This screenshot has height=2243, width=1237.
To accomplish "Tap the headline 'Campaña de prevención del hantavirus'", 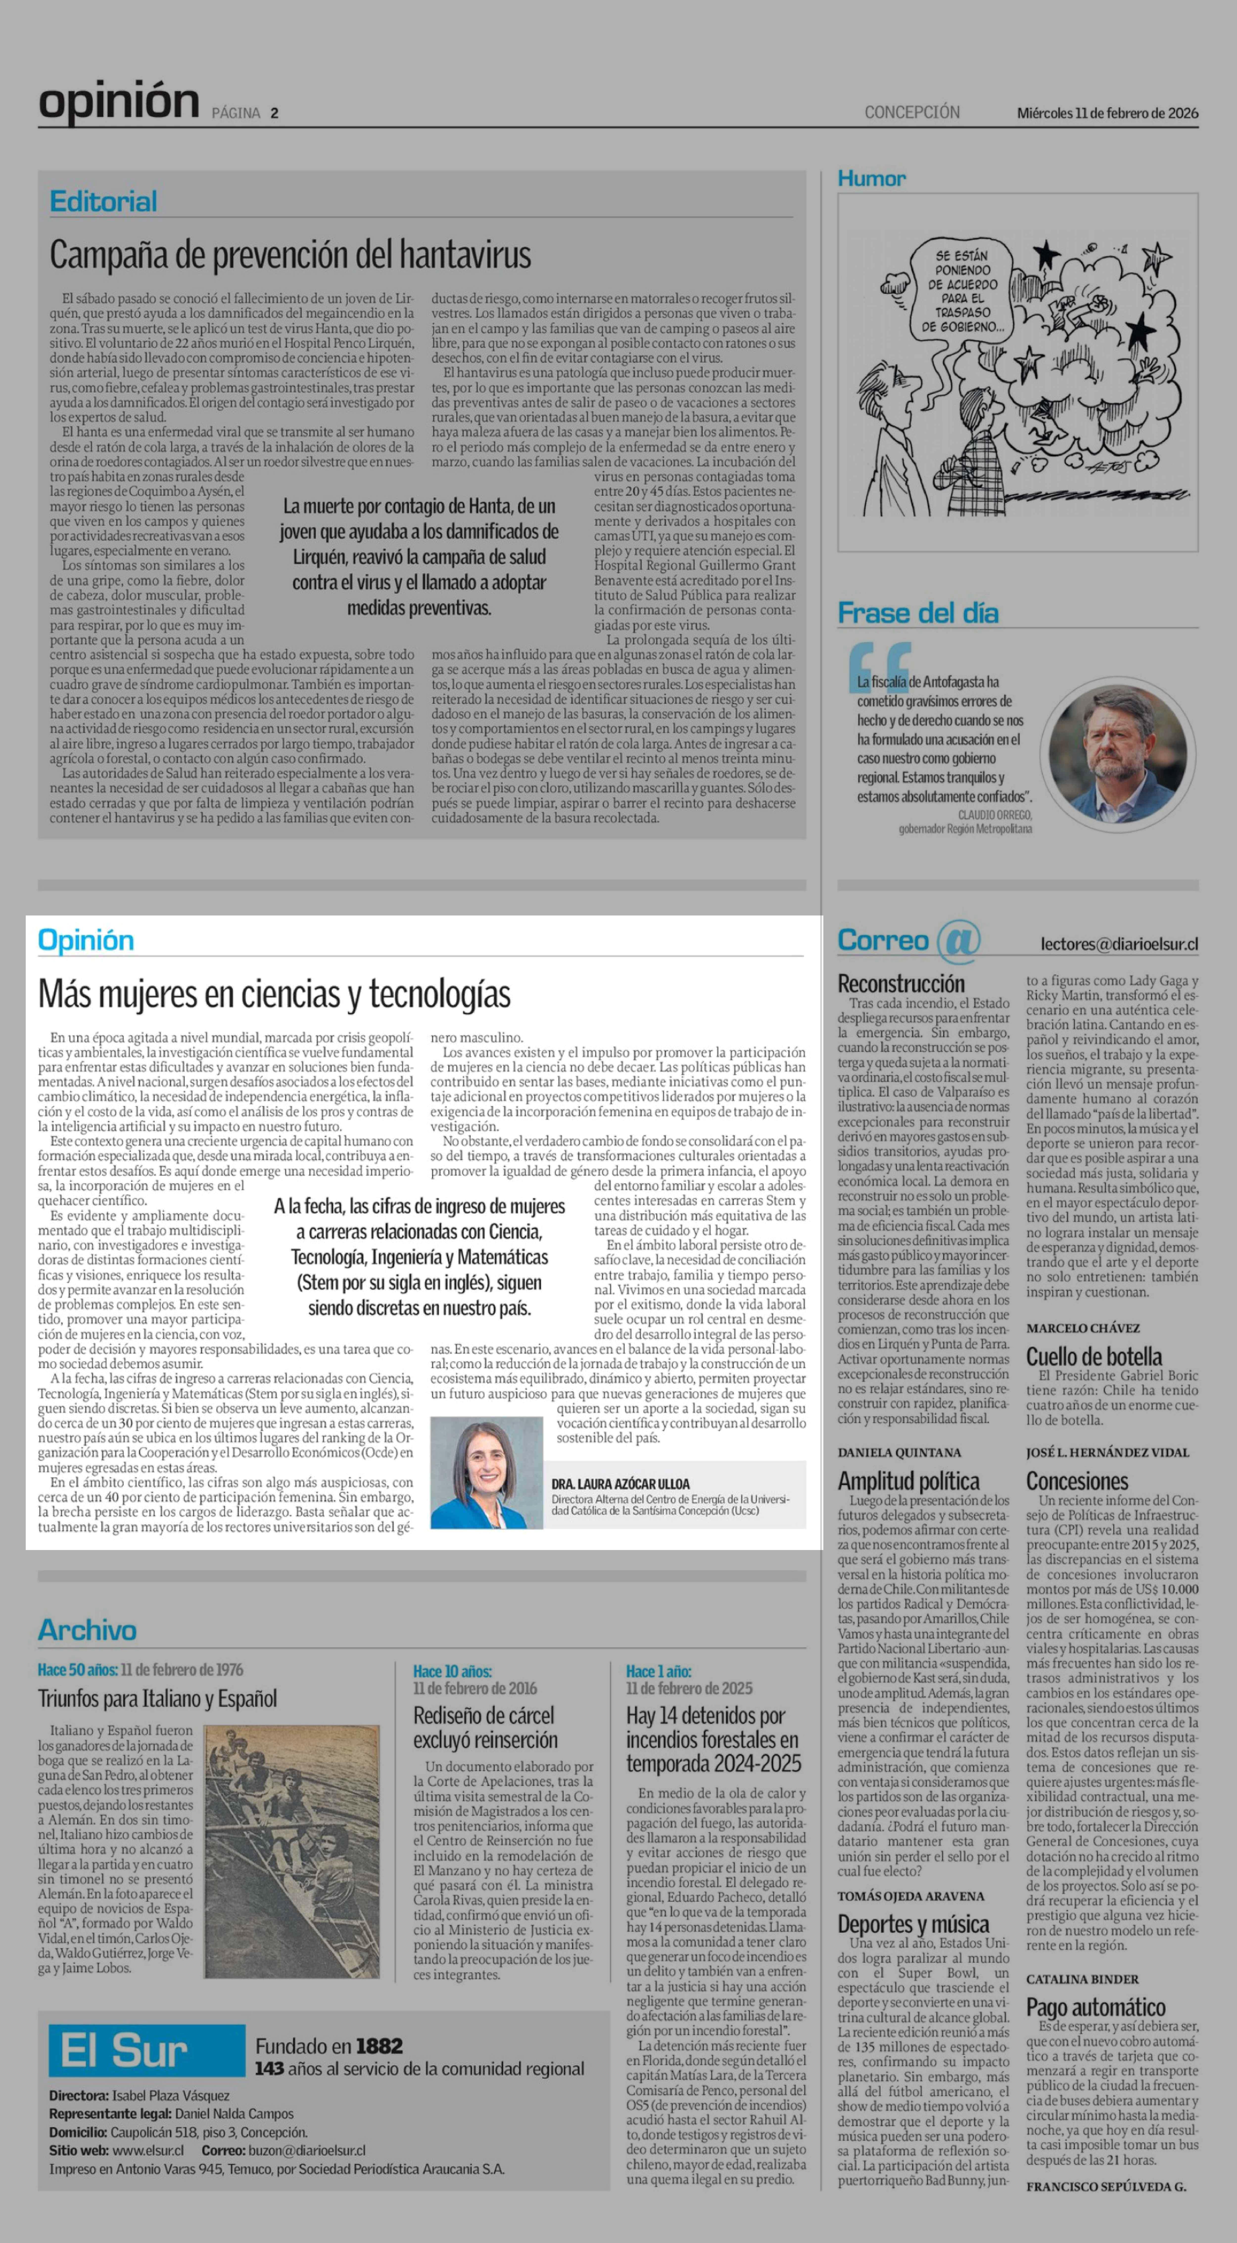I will tap(290, 255).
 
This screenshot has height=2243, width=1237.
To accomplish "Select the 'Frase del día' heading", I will tap(918, 613).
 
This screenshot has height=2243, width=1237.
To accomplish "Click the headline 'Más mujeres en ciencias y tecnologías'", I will tap(274, 993).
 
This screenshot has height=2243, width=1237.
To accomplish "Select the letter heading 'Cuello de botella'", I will tap(1093, 1356).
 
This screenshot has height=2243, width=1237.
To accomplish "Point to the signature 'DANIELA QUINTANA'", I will tap(899, 1452).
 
